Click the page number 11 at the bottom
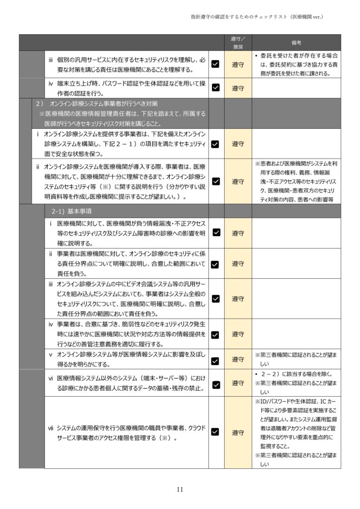click(180, 490)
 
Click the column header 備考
click(296, 43)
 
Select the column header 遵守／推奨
click(238, 43)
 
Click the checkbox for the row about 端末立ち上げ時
click(216, 87)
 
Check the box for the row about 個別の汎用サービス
click(216, 64)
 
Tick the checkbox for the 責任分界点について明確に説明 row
click(216, 264)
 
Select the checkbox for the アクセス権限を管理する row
click(216, 432)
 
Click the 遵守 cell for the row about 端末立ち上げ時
click(238, 87)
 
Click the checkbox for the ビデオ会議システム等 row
click(216, 299)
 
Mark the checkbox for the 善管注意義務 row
click(216, 335)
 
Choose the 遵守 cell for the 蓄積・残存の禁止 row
click(238, 384)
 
